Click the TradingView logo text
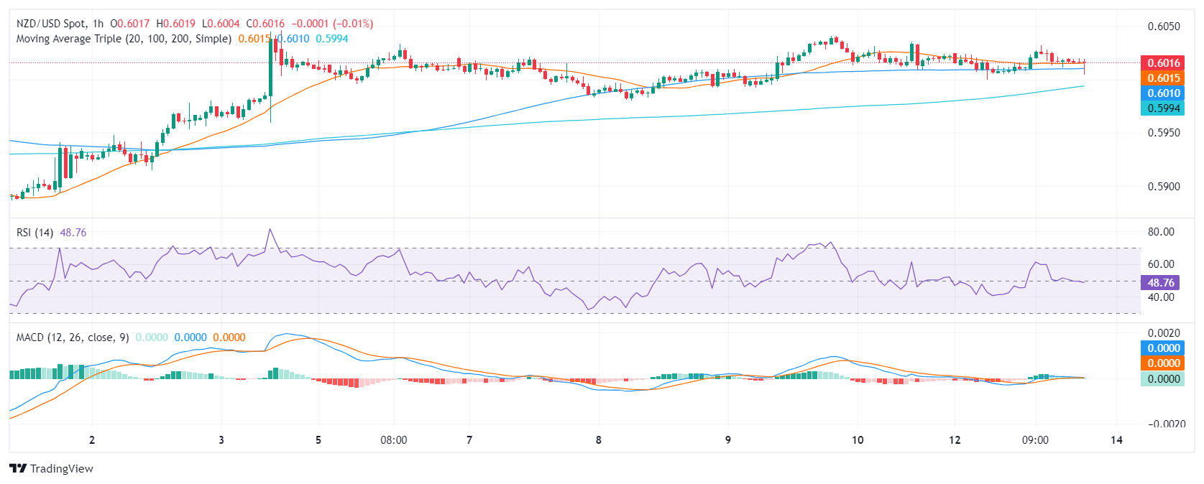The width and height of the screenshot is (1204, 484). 61,469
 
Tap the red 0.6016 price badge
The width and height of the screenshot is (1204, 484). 1163,63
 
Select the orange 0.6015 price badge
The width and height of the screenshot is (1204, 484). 1163,78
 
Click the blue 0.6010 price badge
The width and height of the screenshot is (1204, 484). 1163,93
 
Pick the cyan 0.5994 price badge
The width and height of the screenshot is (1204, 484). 1163,108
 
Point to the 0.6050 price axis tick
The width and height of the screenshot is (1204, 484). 1164,27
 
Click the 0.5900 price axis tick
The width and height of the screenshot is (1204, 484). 1164,187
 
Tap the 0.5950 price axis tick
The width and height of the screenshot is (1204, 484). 1164,133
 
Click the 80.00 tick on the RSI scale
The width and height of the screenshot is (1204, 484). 1161,232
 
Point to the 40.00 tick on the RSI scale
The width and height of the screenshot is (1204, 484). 1161,297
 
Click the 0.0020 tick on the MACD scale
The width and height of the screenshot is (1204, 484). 1164,333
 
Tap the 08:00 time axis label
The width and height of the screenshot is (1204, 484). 393,440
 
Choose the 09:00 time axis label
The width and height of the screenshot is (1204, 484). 1035,440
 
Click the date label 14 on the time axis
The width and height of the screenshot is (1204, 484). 1116,440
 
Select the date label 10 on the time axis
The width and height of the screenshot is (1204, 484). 858,440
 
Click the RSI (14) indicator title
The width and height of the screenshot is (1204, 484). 35,233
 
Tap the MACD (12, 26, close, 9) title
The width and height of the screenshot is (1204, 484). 73,338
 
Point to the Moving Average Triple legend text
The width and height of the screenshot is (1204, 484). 124,39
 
